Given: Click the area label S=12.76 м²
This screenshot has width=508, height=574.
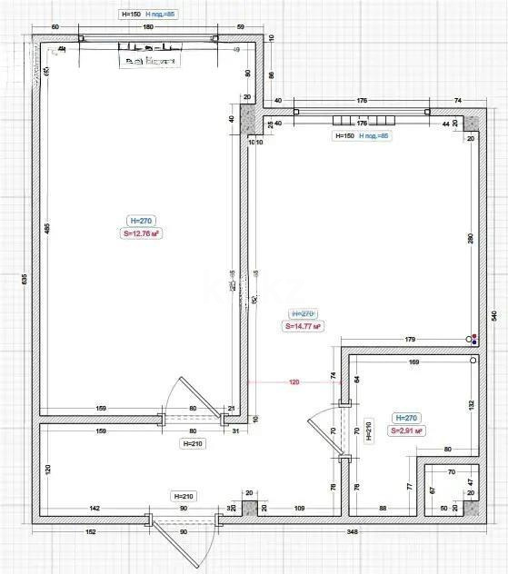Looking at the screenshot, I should (141, 233).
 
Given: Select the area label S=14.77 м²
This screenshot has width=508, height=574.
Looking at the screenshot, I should (304, 325).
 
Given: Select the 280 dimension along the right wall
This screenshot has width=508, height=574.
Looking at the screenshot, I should (472, 239).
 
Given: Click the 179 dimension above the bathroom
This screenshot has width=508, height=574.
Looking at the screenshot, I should (409, 340).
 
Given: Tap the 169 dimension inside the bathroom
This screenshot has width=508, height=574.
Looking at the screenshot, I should (413, 362).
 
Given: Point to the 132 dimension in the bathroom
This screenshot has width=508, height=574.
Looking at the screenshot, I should (472, 404).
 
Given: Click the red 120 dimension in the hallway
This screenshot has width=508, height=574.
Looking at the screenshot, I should (294, 382).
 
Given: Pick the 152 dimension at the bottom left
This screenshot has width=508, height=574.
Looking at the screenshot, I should (91, 531).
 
